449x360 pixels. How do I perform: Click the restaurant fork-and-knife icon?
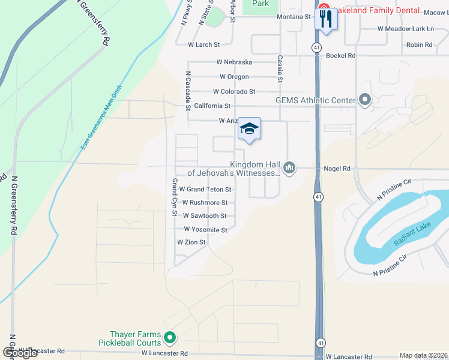[x=326, y=18]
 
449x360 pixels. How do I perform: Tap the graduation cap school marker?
[x=250, y=129]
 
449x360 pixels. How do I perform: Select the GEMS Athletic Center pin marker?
[x=364, y=100]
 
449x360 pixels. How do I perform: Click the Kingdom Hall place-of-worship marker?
[x=290, y=167]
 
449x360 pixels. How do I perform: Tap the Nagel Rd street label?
[x=337, y=169]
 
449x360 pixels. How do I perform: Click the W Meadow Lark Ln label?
[x=405, y=29]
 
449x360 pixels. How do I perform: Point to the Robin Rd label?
[x=419, y=45]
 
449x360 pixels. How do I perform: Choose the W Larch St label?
[x=204, y=44]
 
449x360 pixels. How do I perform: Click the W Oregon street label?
[x=234, y=77]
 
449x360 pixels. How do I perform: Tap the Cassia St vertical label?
[x=280, y=70]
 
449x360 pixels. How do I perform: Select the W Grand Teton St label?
[x=205, y=190]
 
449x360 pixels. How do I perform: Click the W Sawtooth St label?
[x=205, y=216]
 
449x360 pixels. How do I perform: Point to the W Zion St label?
[x=191, y=242]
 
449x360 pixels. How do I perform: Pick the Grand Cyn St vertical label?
[x=175, y=197]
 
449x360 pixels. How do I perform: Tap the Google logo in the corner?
[x=20, y=352]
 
